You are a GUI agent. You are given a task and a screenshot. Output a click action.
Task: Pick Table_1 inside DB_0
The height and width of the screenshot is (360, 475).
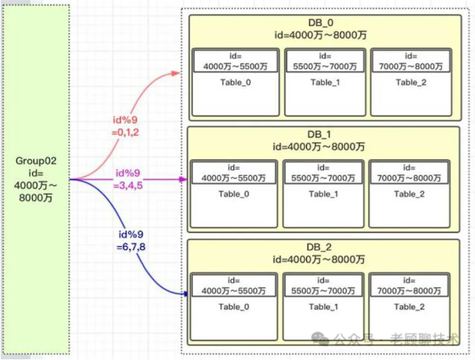325,82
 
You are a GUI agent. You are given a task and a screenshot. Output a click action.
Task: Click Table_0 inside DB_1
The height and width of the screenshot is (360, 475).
234,194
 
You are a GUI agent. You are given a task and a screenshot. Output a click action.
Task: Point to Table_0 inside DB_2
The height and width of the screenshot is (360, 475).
234,307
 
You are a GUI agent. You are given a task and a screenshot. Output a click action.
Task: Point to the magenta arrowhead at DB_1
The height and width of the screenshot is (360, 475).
184,179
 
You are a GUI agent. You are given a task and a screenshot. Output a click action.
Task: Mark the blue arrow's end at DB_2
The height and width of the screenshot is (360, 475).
184,293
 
